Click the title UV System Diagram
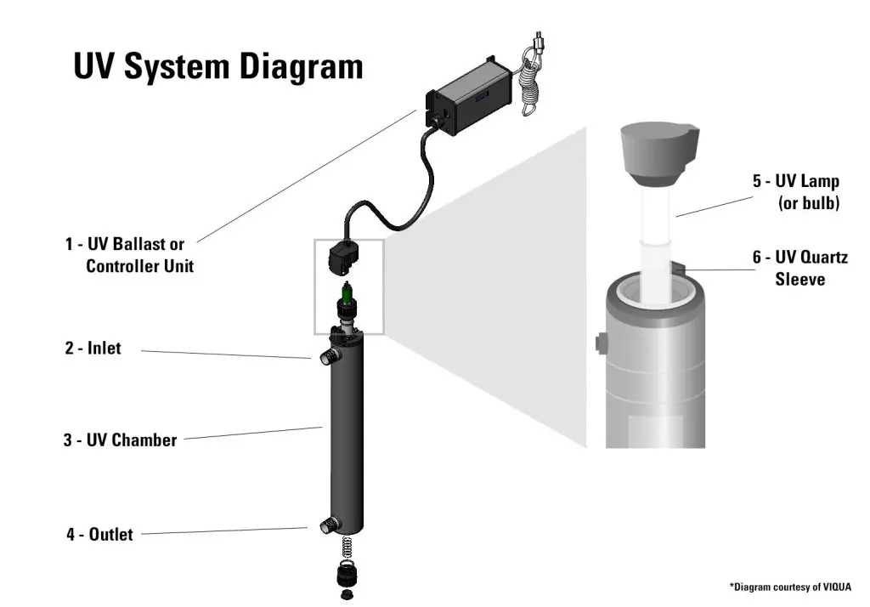(x=218, y=66)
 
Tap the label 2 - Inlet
(x=93, y=348)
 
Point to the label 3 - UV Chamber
(x=120, y=440)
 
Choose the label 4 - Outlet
(x=100, y=535)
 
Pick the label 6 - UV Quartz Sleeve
(x=799, y=268)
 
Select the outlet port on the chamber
(x=325, y=526)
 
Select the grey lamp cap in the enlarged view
(x=658, y=153)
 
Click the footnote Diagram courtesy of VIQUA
(x=790, y=587)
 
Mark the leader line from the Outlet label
(x=221, y=531)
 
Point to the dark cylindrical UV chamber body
(x=347, y=434)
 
